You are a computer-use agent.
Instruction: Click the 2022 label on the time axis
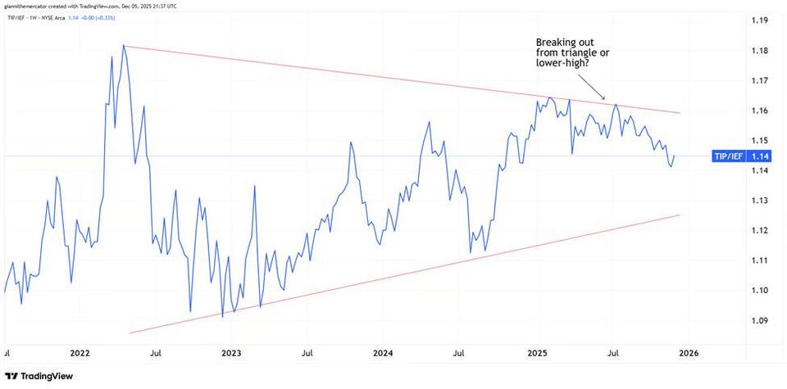(x=80, y=354)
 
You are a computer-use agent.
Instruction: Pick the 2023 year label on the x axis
(x=232, y=354)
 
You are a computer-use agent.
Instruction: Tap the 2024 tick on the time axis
(x=384, y=354)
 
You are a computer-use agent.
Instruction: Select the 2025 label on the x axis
(x=536, y=354)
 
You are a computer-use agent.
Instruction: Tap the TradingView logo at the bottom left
(x=39, y=376)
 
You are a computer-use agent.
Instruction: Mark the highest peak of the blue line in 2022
(x=123, y=45)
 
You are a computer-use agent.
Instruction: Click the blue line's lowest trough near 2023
(x=222, y=316)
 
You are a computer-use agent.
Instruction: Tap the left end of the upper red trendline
(x=124, y=46)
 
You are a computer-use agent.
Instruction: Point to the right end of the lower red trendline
(x=680, y=215)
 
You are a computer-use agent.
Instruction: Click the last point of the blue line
(x=675, y=156)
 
